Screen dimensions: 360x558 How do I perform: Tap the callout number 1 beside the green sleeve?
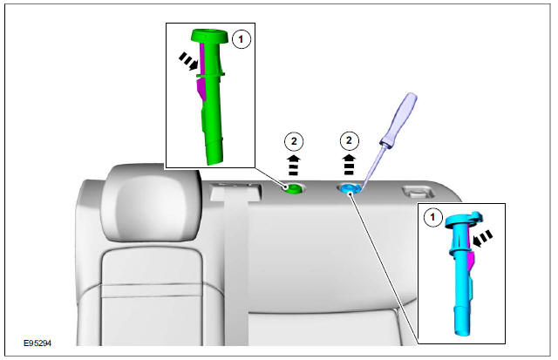coord(242,39)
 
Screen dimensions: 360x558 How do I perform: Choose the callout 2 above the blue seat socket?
coord(349,139)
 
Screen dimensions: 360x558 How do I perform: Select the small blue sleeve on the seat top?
coord(349,188)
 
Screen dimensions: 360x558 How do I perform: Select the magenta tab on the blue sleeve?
coord(470,253)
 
